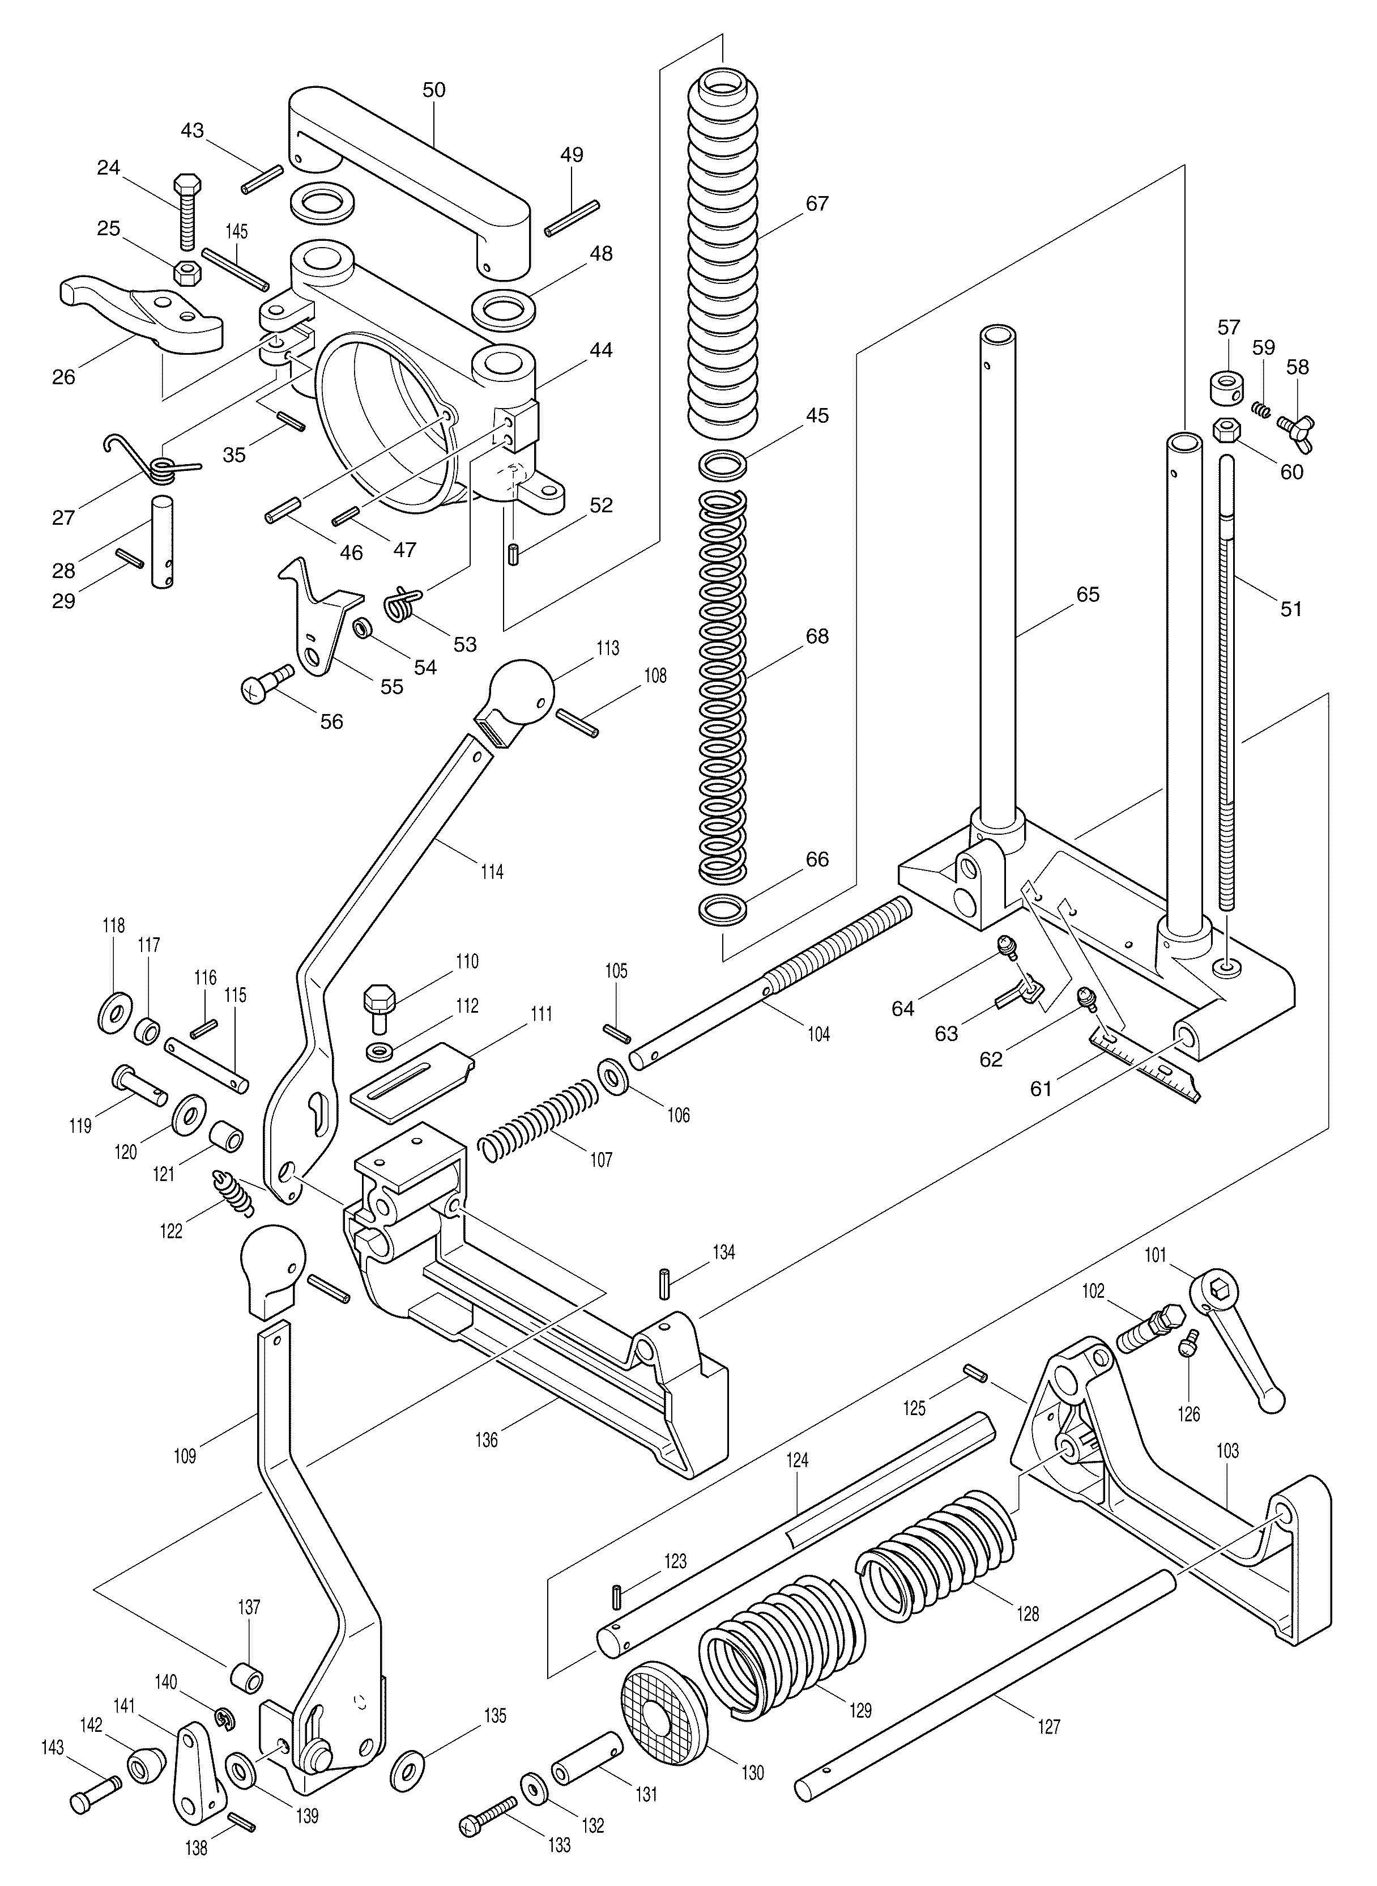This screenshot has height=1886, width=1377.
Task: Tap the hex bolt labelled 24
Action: [x=186, y=212]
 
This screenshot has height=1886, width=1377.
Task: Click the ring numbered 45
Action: [x=722, y=465]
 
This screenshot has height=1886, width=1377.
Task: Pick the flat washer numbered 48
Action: [x=505, y=309]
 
